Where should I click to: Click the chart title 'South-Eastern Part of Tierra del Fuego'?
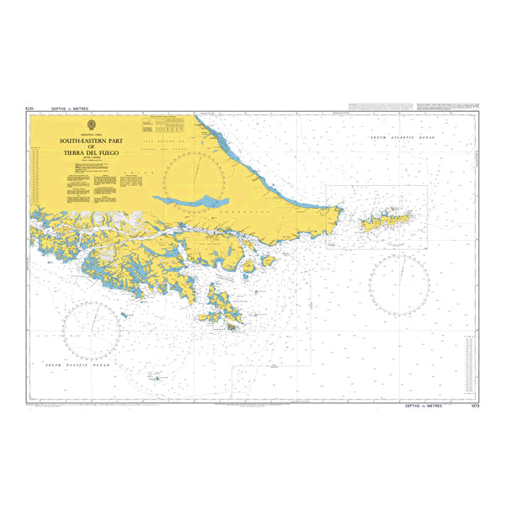93,146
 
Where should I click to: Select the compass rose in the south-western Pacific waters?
91,332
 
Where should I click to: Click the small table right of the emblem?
164,126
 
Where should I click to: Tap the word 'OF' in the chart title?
93,146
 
